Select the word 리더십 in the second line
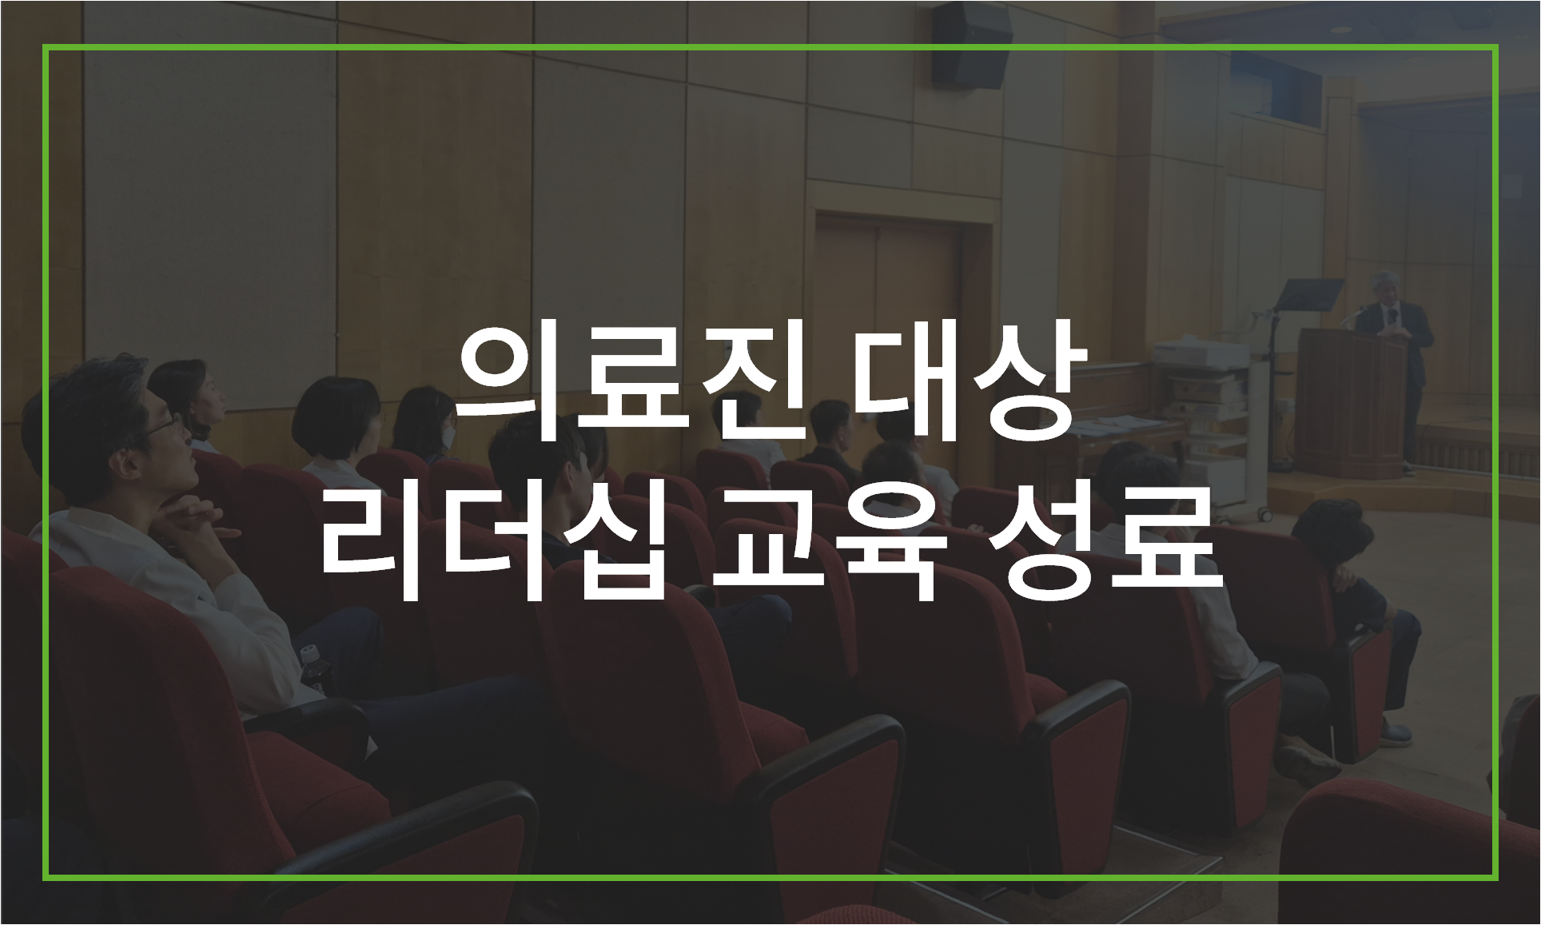click(494, 543)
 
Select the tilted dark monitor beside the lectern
click(1308, 294)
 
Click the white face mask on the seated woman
click(450, 435)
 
